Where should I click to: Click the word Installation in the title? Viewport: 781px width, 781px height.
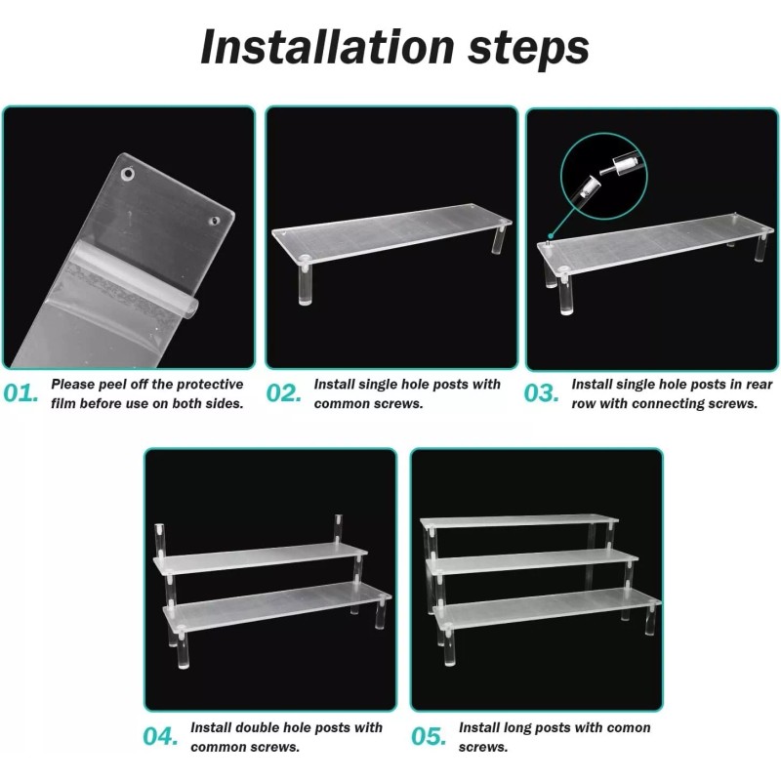(327, 47)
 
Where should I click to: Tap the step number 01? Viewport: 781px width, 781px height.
(21, 393)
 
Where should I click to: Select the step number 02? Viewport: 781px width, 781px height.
(283, 393)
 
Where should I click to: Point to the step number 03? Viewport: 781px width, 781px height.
(541, 393)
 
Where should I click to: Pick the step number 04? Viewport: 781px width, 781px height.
(160, 737)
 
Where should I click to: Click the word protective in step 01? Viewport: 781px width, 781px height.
(210, 385)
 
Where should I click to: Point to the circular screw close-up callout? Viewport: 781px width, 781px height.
(603, 177)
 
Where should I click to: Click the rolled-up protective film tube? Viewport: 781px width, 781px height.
(135, 282)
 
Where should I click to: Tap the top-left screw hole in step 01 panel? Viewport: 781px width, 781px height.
(128, 175)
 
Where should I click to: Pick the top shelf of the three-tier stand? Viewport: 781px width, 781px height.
(519, 522)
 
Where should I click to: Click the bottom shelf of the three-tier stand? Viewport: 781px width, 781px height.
(548, 606)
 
